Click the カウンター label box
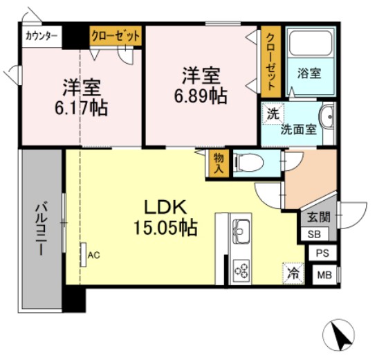coord(41,35)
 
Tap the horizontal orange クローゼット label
coord(116,35)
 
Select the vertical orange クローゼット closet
coord(272,62)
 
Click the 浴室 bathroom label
coord(309,73)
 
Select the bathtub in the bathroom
coord(311,45)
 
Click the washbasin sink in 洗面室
coord(327,116)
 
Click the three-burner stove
coord(243,269)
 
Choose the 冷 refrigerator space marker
coord(293,273)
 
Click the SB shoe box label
coord(313,234)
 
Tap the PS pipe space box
coord(322,254)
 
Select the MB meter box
coord(322,276)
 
